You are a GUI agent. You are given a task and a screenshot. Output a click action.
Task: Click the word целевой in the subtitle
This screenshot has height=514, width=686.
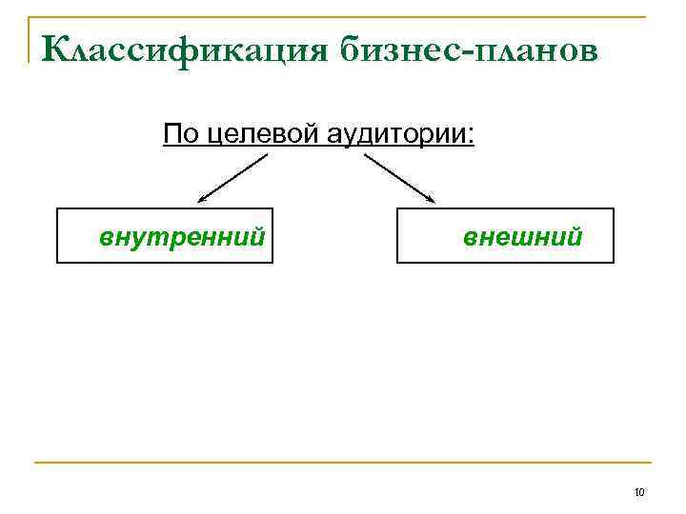click(263, 134)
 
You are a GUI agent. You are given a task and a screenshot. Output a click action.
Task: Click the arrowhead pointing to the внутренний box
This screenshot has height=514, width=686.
click(201, 200)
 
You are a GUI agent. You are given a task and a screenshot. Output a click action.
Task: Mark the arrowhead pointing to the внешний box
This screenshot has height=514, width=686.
click(431, 200)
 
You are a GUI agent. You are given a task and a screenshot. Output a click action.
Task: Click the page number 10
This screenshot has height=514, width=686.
click(639, 492)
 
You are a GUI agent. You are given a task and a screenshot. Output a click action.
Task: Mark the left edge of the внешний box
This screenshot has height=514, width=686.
click(397, 235)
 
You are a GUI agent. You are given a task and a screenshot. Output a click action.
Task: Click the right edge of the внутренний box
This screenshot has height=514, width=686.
click(272, 235)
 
